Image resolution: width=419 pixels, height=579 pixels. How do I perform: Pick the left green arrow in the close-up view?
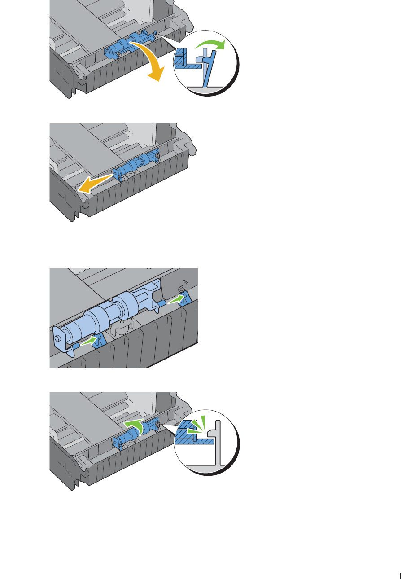click(x=89, y=342)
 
